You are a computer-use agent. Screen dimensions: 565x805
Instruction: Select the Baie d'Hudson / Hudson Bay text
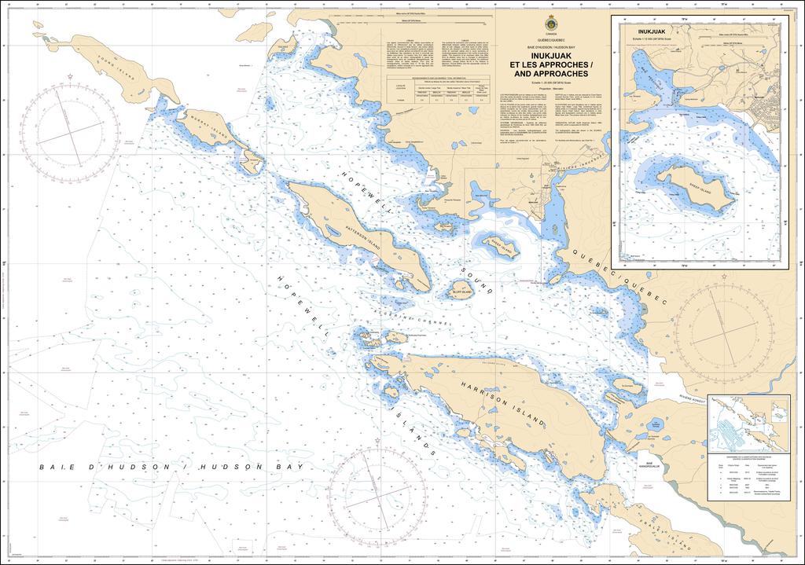(171, 467)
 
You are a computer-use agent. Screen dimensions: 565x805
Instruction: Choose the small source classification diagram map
(748, 424)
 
